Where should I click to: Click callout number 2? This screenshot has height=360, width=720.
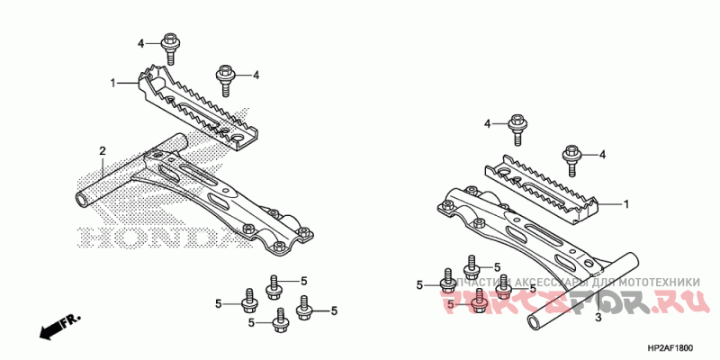pos(103,150)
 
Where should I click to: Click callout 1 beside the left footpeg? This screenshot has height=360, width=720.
pos(113,83)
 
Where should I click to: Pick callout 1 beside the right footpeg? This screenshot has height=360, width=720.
pos(626,203)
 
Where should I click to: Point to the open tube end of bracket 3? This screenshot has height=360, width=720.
pos(536,321)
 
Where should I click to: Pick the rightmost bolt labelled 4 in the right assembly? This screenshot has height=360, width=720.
pos(571,157)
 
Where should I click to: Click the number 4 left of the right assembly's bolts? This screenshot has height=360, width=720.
pos(487,123)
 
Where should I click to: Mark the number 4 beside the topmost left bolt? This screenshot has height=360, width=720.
pos(141,43)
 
